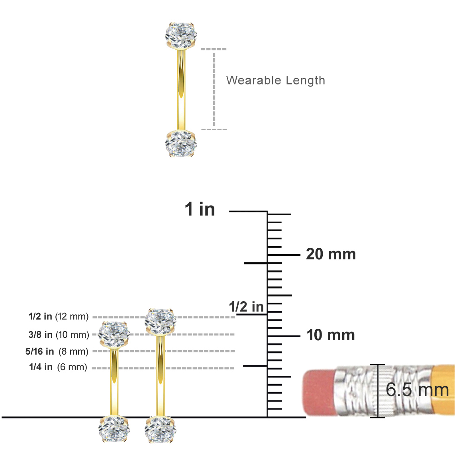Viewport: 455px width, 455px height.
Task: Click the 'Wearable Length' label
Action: click(275, 80)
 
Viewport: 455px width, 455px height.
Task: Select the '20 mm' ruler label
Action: click(331, 254)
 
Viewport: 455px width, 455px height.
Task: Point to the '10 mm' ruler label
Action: click(331, 335)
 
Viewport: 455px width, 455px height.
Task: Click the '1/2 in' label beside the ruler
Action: click(246, 307)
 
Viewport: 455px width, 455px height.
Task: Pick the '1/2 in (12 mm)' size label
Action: click(58, 316)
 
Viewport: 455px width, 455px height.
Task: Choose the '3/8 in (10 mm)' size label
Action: click(59, 335)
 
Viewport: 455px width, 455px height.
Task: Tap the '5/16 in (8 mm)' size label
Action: click(57, 351)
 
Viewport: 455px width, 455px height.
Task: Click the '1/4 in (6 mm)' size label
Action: click(58, 367)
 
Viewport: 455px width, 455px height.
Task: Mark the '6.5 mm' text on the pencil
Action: click(417, 390)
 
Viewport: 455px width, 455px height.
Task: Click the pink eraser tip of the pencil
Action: click(319, 391)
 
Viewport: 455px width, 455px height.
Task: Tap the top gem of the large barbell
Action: click(181, 36)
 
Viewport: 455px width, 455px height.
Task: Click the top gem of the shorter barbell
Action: click(114, 334)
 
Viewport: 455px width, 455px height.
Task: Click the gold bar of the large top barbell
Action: click(181, 90)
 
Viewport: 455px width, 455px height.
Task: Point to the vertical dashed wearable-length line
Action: click(214, 89)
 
